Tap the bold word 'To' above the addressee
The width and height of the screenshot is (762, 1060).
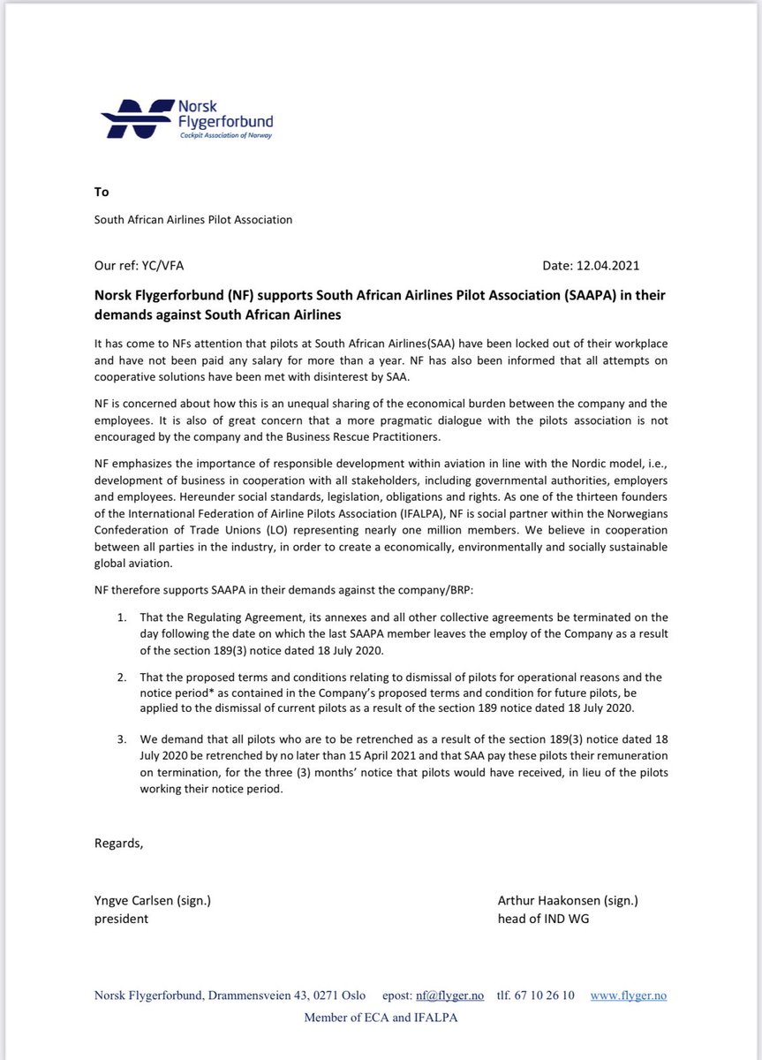point(102,192)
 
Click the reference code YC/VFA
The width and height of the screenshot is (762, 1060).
point(162,264)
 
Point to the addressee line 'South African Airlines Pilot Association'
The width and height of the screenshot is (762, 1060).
point(193,220)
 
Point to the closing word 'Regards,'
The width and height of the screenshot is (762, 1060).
point(118,843)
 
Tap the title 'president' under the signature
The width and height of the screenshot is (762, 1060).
point(121,918)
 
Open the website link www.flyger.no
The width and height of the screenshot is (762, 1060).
point(628,996)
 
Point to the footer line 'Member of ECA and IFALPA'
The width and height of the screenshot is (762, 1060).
point(381,1018)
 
